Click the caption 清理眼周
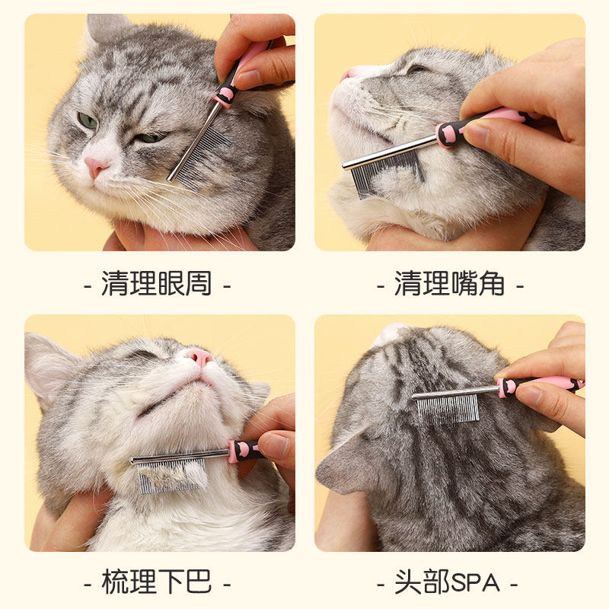[x=157, y=285]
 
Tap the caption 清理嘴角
[x=450, y=285]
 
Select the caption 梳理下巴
[x=157, y=582]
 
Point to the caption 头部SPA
[x=449, y=582]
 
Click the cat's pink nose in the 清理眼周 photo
[x=96, y=166]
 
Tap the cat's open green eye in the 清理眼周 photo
[x=88, y=120]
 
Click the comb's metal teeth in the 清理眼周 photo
[x=200, y=156]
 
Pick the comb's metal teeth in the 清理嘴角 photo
[x=384, y=171]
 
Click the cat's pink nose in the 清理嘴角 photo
[x=349, y=74]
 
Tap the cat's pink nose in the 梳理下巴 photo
[x=200, y=356]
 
